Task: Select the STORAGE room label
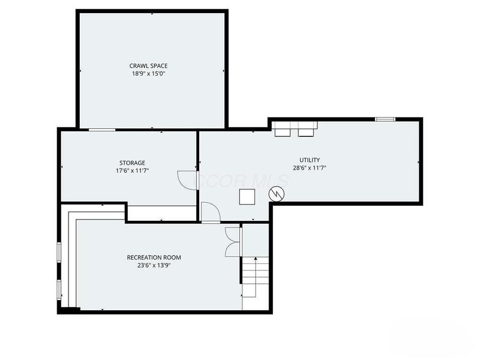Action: click(x=132, y=163)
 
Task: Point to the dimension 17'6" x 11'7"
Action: click(x=132, y=170)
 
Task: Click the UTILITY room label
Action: click(x=310, y=160)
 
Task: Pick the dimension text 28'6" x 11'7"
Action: click(x=310, y=168)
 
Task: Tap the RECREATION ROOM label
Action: click(x=154, y=257)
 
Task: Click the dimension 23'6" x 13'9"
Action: click(x=154, y=265)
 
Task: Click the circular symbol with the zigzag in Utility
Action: click(x=276, y=194)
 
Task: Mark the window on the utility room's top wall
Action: click(x=385, y=119)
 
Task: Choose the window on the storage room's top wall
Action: click(x=102, y=130)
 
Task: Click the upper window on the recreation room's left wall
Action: click(x=59, y=251)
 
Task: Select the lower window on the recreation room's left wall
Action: click(x=59, y=289)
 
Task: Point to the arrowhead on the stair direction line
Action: click(x=256, y=259)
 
